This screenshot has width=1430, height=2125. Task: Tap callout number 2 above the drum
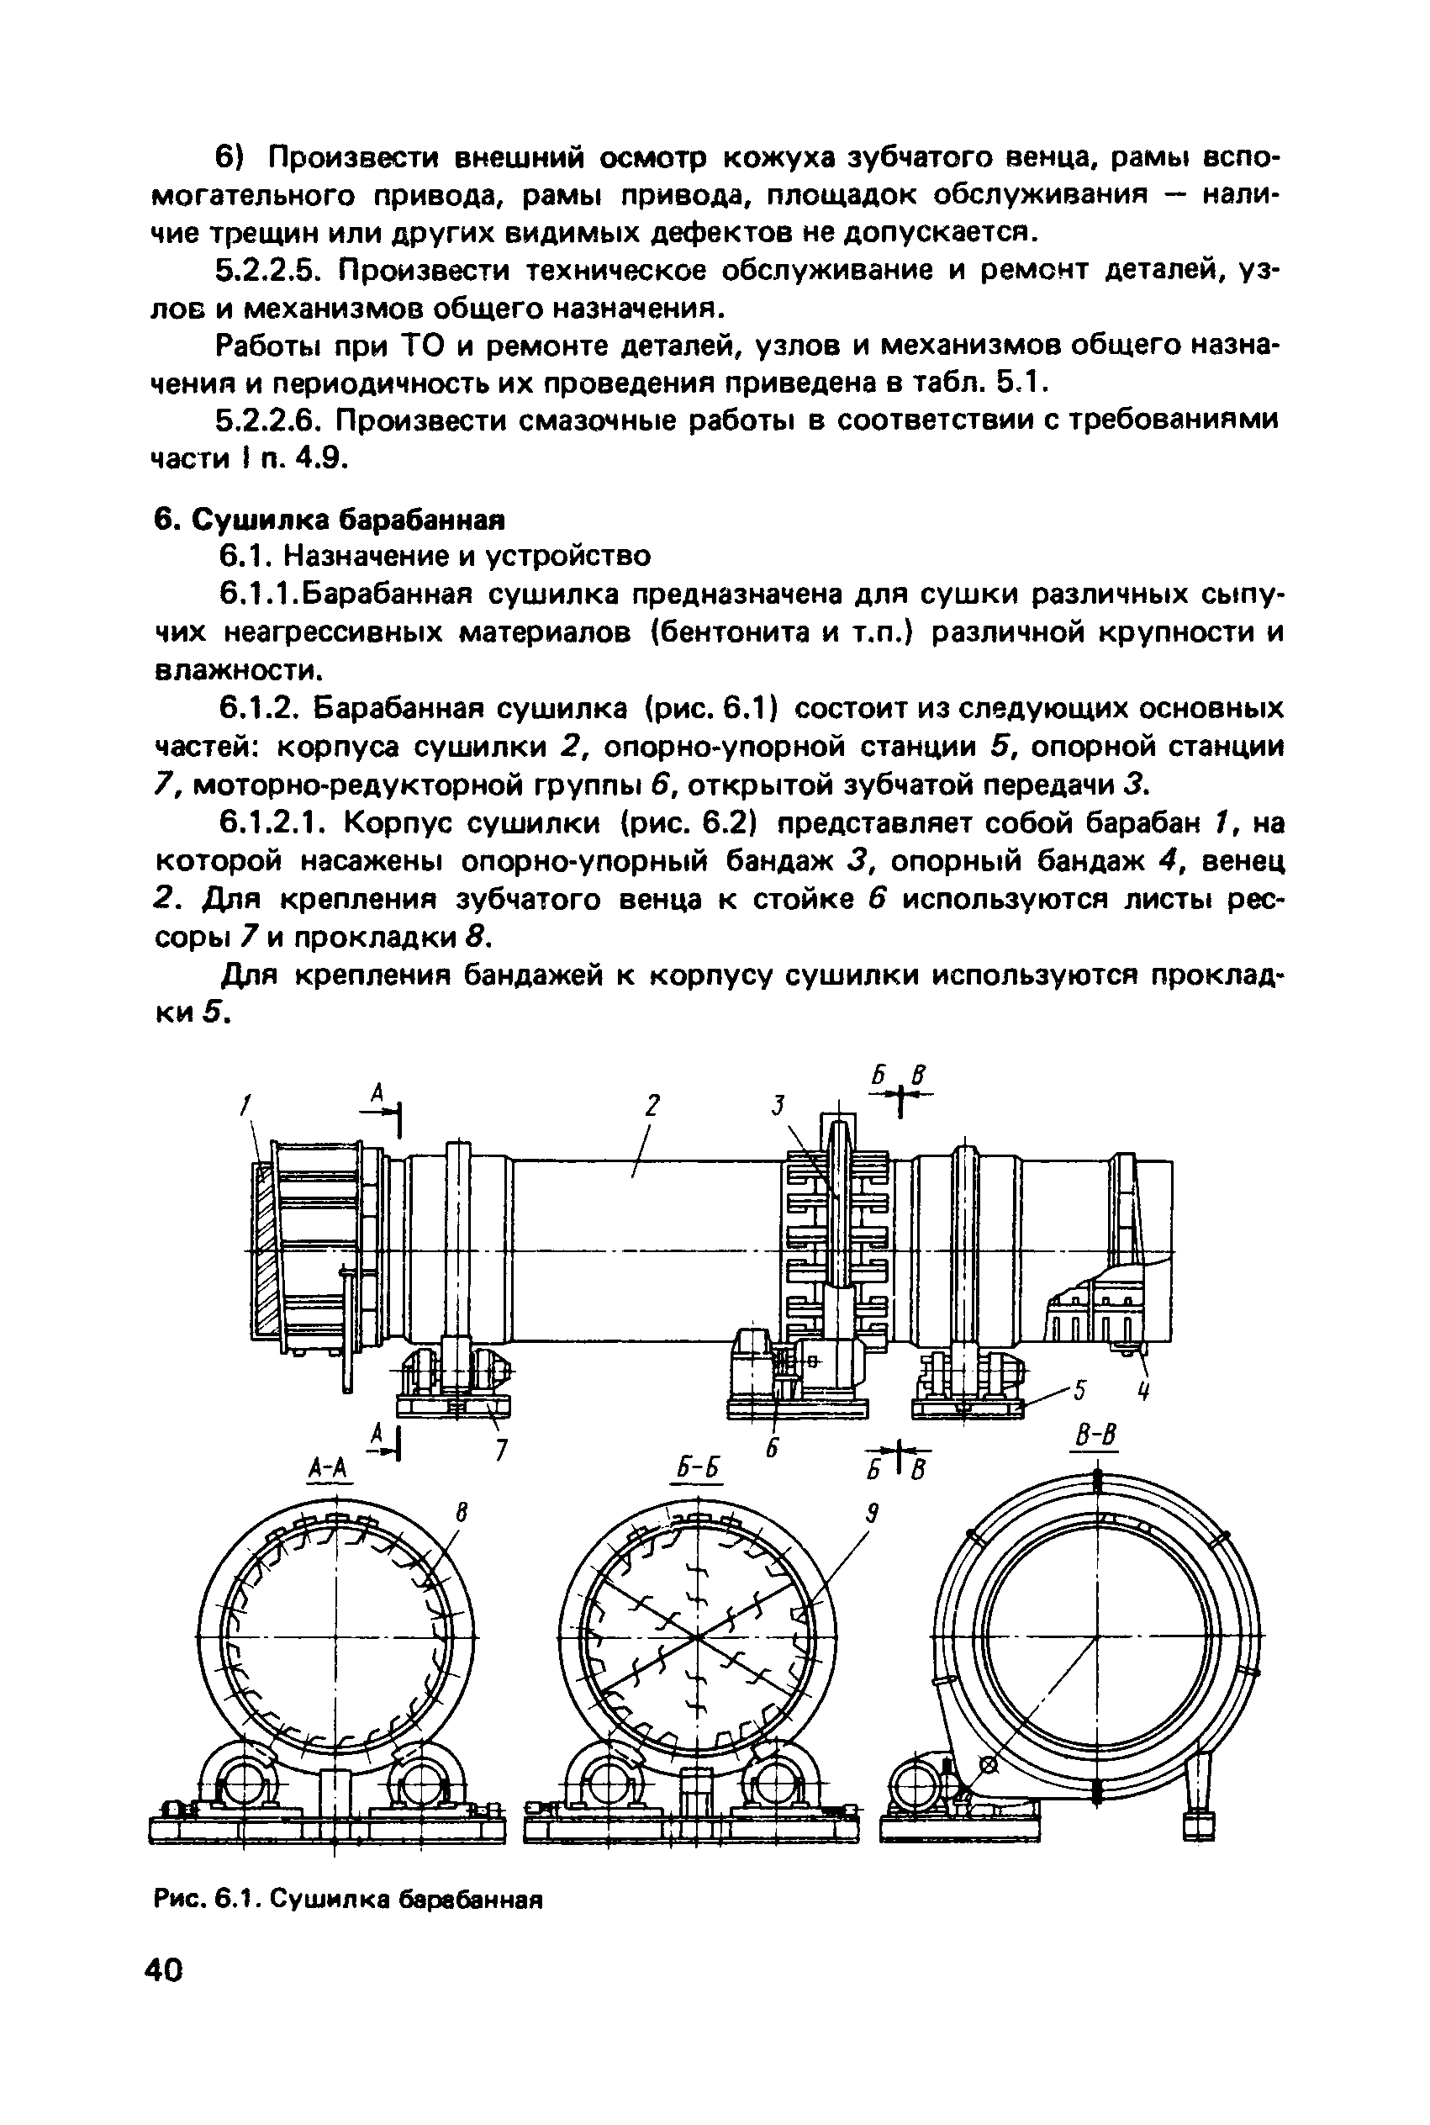click(652, 1107)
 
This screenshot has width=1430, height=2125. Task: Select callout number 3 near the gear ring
click(778, 1107)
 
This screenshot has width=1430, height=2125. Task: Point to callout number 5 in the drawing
click(1081, 1391)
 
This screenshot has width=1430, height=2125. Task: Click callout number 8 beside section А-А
click(462, 1514)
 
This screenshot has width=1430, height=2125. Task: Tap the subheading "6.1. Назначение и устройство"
click(436, 555)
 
